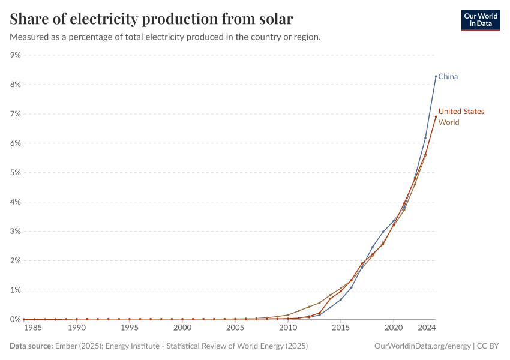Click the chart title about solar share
click(152, 19)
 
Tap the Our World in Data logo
click(481, 19)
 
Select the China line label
click(448, 77)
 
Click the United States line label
click(461, 112)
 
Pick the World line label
click(449, 122)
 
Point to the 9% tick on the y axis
click(15, 55)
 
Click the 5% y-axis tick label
click(15, 173)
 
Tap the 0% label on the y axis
click(15, 320)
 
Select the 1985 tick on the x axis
click(34, 328)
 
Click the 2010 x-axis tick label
click(288, 328)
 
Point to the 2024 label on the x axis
click(426, 328)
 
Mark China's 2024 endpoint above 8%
click(436, 76)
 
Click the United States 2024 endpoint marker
click(436, 116)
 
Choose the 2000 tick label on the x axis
click(182, 328)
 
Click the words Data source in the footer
click(31, 346)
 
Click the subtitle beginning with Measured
click(166, 37)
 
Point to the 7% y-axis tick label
click(15, 114)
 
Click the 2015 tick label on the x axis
click(341, 328)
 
